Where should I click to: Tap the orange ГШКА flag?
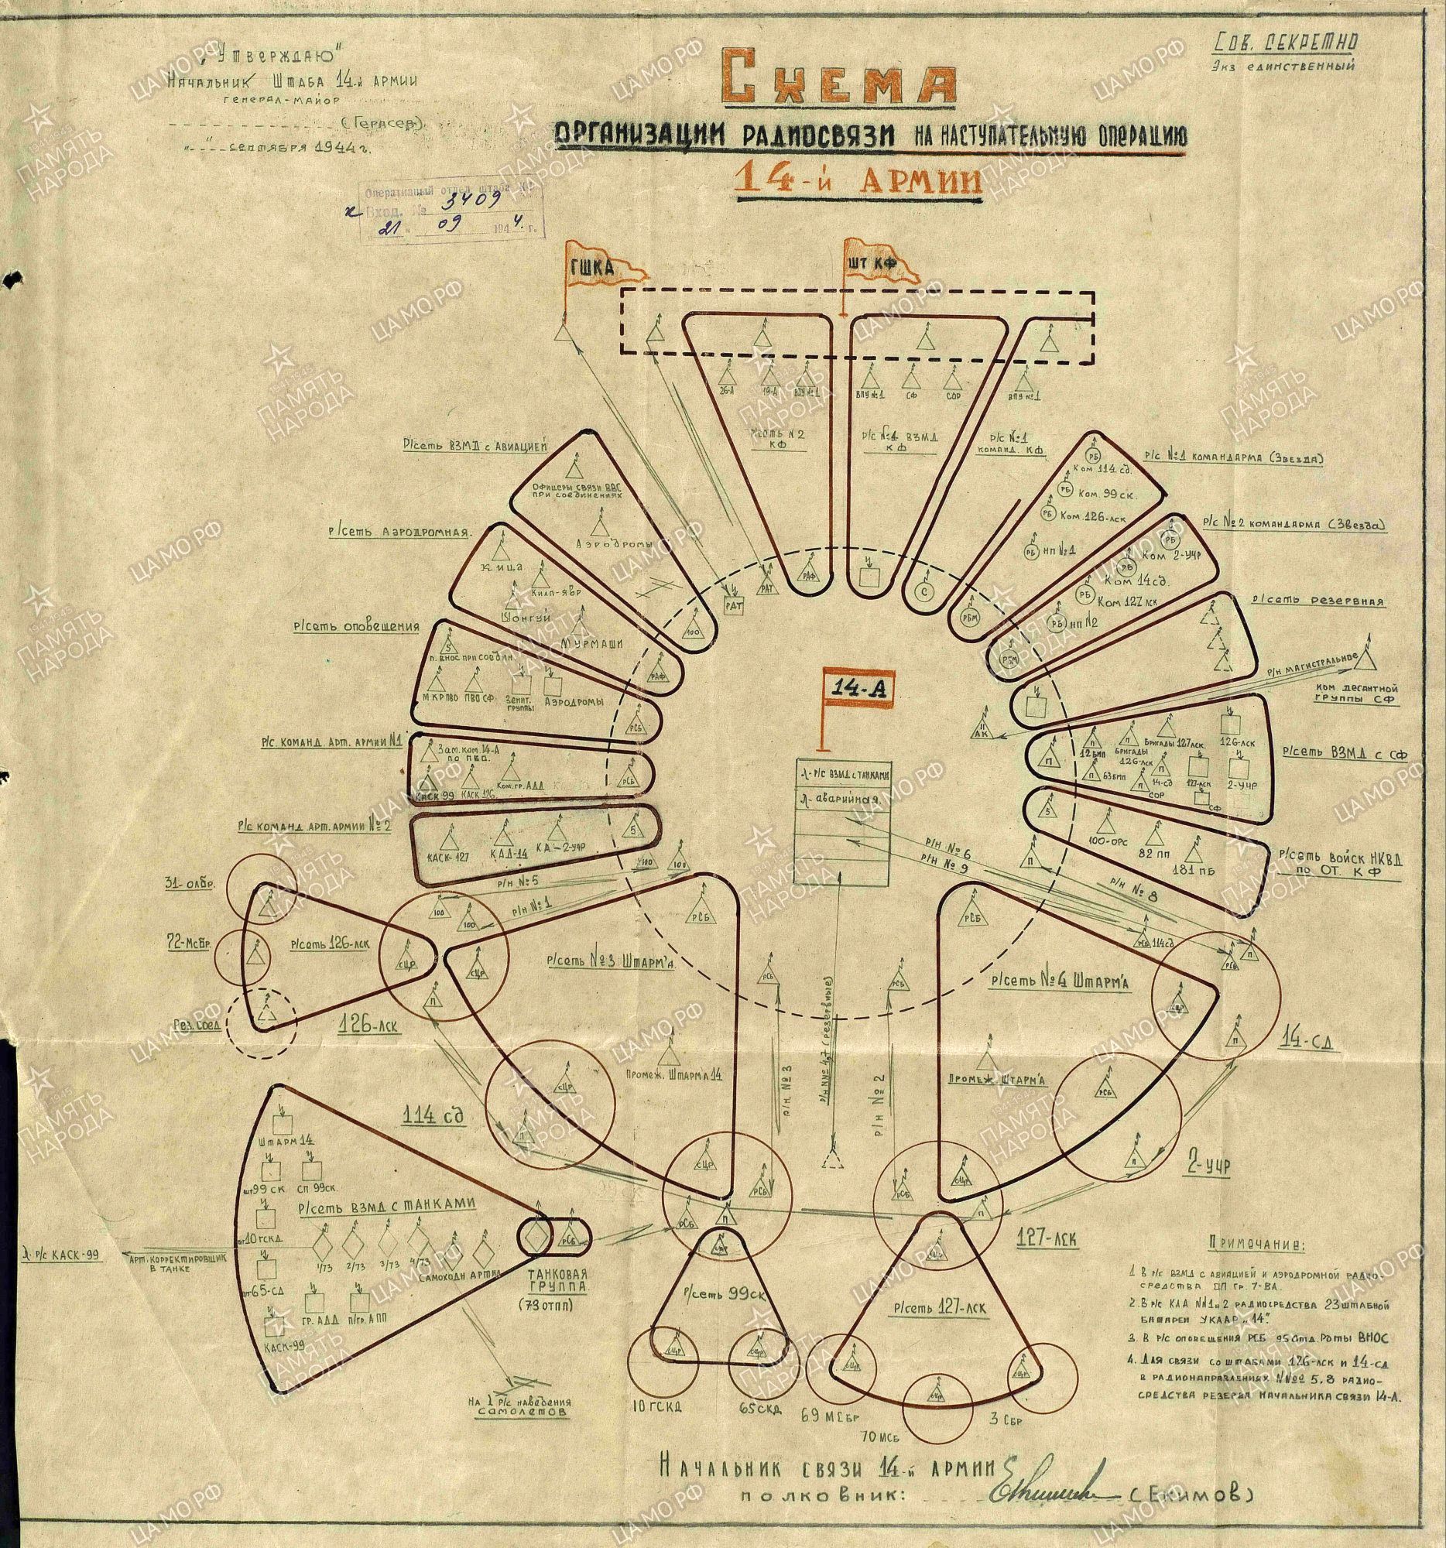coord(601,268)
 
